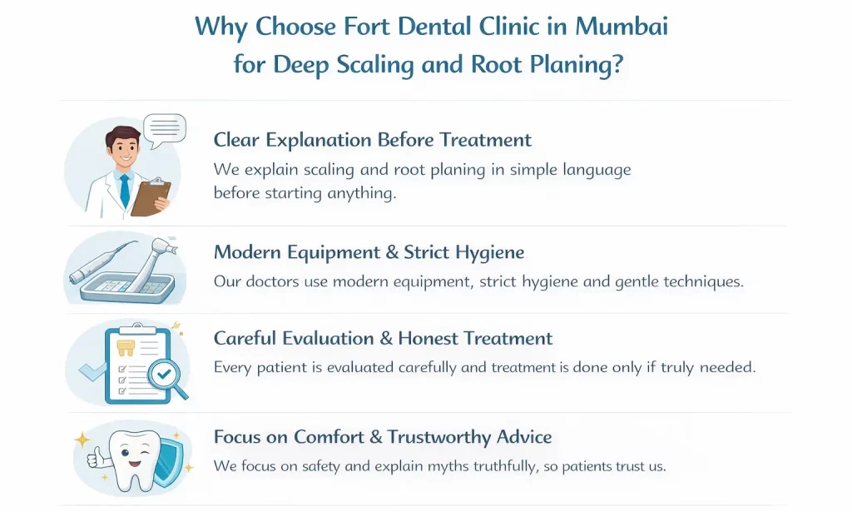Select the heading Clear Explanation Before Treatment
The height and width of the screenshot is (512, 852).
pyautogui.click(x=372, y=140)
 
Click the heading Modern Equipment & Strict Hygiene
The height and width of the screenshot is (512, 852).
pyautogui.click(x=369, y=252)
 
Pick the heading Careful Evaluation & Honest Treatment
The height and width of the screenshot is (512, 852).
pyautogui.click(x=383, y=339)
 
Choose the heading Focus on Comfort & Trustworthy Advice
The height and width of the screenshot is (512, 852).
pyautogui.click(x=382, y=437)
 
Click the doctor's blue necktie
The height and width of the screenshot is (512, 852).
pyautogui.click(x=124, y=190)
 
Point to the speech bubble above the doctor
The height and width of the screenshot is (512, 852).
pyautogui.click(x=164, y=129)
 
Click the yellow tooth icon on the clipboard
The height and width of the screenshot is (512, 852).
pyautogui.click(x=127, y=349)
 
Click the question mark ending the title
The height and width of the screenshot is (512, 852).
pyautogui.click(x=617, y=64)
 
